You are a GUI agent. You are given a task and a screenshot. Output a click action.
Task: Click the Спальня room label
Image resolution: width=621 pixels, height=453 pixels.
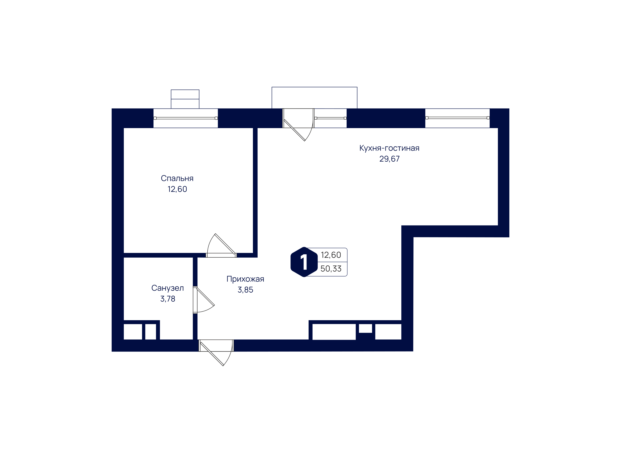(x=177, y=179)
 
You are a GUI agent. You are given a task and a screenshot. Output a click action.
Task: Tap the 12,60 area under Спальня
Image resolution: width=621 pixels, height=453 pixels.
(x=177, y=189)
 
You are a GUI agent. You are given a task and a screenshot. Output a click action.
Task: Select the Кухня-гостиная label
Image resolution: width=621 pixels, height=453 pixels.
(x=389, y=148)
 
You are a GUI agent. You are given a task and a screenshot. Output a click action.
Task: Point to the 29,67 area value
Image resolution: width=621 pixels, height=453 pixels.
(x=389, y=159)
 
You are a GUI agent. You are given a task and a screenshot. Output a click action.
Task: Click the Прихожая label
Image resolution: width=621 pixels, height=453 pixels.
(x=245, y=279)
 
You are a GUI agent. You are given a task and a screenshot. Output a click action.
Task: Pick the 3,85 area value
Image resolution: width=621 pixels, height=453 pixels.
(x=245, y=290)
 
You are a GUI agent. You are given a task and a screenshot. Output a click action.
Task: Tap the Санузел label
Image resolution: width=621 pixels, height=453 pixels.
(x=168, y=288)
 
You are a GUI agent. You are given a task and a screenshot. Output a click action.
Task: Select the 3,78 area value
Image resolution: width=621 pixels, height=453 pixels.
(x=168, y=299)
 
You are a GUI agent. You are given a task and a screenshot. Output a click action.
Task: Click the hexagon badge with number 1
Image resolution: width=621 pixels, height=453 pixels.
(x=304, y=262)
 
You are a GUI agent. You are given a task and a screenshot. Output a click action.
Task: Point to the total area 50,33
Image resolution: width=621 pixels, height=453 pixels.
(x=331, y=269)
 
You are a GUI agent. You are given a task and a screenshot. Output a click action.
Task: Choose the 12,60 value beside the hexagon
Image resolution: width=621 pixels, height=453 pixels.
(x=331, y=255)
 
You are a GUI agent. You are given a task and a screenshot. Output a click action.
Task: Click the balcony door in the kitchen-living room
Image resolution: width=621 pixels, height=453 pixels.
(x=298, y=125)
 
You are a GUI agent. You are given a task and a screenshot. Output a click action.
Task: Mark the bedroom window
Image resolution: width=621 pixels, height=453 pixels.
(x=186, y=118)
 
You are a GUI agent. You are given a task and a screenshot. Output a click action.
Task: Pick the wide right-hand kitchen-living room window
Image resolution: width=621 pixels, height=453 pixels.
(x=457, y=118)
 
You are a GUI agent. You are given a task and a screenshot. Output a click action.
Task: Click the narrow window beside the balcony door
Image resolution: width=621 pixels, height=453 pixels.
(x=330, y=118)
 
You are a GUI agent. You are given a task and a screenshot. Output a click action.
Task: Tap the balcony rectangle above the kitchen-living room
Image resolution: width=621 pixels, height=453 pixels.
(x=315, y=98)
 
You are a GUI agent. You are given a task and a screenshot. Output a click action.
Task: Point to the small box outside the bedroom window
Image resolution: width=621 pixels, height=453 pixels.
(x=185, y=99)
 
